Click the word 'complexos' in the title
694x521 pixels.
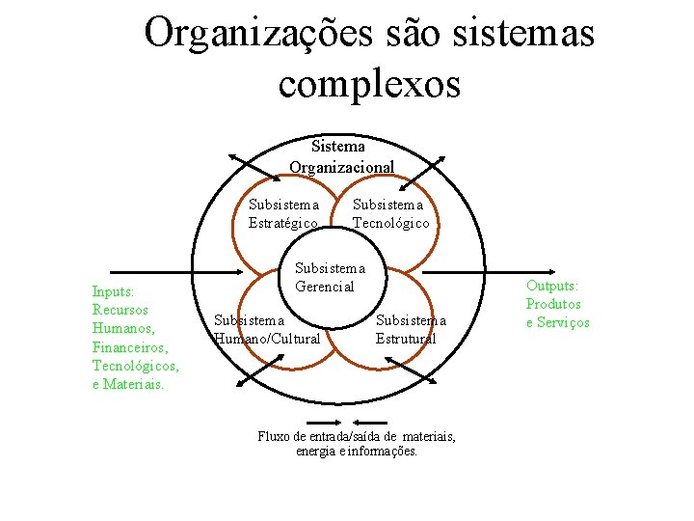click(x=369, y=83)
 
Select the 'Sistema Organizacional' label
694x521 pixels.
click(x=342, y=156)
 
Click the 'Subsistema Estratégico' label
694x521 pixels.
click(x=283, y=213)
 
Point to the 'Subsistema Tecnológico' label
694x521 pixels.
click(x=390, y=213)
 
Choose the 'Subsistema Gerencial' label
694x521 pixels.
click(x=330, y=277)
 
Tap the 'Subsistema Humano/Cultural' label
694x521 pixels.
click(x=267, y=329)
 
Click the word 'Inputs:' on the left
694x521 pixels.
click(x=113, y=291)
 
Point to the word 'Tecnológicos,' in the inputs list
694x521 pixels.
click(x=135, y=365)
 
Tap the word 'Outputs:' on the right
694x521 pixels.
click(x=552, y=287)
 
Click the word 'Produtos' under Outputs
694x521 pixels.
click(x=553, y=304)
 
